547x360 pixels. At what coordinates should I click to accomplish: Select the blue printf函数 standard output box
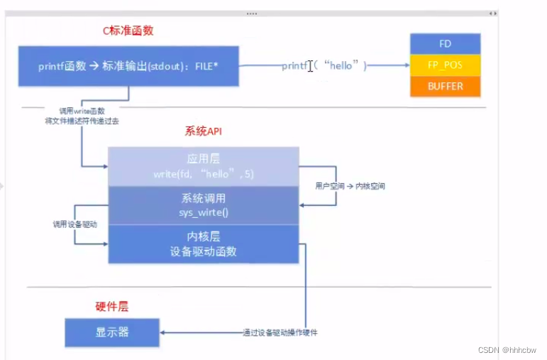point(128,66)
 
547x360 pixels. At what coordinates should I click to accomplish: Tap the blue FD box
point(445,44)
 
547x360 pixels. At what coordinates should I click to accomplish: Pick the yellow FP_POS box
point(445,65)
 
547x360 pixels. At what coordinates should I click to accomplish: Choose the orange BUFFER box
point(445,86)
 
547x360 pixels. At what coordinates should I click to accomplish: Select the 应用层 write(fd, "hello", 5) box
point(203,167)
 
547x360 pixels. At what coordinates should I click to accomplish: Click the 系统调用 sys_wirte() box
point(203,205)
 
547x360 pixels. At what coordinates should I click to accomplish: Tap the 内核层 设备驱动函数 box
point(203,244)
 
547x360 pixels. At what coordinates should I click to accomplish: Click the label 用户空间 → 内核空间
point(350,186)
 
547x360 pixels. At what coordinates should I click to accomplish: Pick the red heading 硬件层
point(112,307)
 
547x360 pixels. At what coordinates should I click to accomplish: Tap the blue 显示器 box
point(112,332)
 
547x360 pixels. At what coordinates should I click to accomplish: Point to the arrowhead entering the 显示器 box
point(164,332)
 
